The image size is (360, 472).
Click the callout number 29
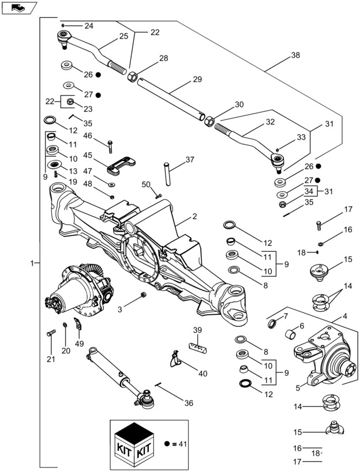click(198, 80)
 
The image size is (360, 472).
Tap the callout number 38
click(295, 56)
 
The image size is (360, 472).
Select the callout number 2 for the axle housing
click(195, 217)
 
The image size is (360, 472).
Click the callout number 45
click(87, 155)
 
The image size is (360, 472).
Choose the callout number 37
click(190, 160)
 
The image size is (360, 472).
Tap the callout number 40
click(202, 373)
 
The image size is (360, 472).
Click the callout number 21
click(50, 360)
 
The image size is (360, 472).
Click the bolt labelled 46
click(110, 146)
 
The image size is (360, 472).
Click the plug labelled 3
click(144, 296)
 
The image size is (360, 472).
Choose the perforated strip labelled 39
click(199, 347)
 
